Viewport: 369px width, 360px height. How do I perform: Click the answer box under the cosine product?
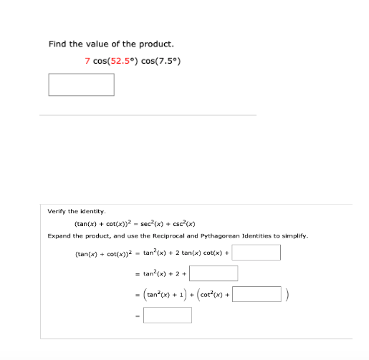(x=81, y=84)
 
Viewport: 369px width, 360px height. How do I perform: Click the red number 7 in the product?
(x=87, y=60)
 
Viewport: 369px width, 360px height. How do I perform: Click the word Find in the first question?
(x=57, y=44)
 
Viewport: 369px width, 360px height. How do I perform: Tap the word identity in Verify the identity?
(x=92, y=211)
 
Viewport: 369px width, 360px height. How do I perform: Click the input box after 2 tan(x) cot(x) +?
(x=256, y=253)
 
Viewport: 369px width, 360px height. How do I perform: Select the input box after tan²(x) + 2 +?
(x=214, y=273)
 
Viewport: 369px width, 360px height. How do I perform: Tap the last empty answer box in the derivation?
(x=167, y=315)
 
